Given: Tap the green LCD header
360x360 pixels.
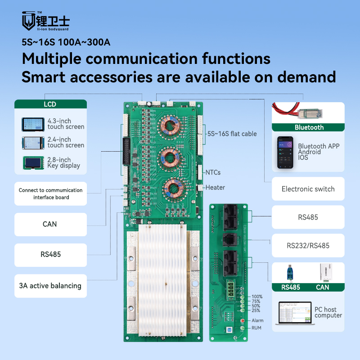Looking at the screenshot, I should point(50,104).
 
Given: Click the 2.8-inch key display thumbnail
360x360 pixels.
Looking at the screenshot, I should point(33,163).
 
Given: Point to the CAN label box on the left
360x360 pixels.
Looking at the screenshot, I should point(50,224).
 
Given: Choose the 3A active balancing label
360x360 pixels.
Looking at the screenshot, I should point(50,286).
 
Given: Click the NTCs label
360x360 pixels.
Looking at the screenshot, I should point(213,172).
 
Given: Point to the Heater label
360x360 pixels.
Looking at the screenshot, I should point(215,187).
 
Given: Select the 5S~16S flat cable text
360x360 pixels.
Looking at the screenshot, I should point(232,134).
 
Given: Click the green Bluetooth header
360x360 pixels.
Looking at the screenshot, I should point(309,127).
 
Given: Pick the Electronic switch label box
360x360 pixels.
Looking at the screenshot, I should point(308,189).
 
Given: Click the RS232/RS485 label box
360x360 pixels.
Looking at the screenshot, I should point(308,246).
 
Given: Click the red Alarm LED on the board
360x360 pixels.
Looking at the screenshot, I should point(243,320).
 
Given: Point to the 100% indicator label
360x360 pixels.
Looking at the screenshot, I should point(257,297).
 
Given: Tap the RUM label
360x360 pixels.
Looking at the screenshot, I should point(256,328).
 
